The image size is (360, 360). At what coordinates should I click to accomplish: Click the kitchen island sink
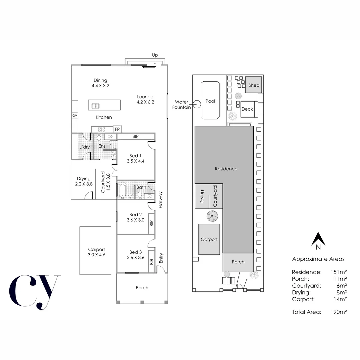95,106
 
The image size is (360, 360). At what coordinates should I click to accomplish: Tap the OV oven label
75,115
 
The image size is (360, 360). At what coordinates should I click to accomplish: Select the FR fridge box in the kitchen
117,129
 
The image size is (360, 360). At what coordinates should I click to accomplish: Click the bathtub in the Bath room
122,191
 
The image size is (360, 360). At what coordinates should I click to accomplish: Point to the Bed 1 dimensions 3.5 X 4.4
135,161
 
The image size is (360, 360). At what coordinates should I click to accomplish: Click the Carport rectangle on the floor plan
95,250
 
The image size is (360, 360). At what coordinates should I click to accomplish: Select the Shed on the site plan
254,85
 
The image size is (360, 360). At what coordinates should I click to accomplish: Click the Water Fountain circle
197,104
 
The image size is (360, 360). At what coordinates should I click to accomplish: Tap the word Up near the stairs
155,55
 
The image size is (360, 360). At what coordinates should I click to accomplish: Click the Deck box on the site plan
247,109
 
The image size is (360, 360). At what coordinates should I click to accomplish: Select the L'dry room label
84,147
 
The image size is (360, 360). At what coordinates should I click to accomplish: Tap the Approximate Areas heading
318,259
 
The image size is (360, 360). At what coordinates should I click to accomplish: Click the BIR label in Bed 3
151,262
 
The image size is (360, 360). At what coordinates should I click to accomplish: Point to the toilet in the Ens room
99,137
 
